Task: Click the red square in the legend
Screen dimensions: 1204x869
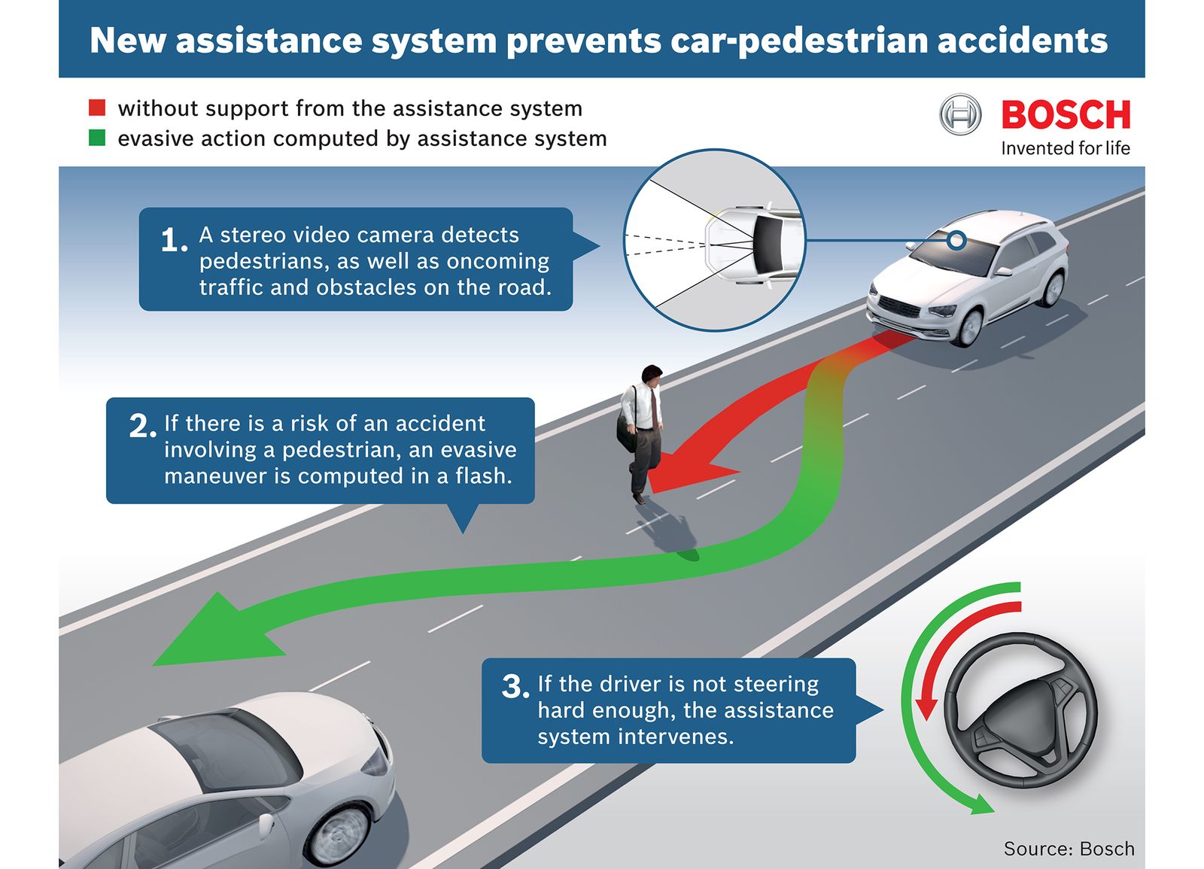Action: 97,108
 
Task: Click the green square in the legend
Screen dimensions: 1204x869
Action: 97,138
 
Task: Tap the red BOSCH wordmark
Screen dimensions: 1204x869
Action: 1066,114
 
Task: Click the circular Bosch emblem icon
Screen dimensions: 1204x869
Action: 960,114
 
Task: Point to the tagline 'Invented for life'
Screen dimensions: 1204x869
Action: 1066,147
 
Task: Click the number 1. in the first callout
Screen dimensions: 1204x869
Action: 174,240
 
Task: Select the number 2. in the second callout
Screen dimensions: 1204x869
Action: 142,426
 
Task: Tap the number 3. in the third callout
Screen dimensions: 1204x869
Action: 515,686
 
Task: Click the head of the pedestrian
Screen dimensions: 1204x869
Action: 652,375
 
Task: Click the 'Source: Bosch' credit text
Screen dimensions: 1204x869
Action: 1069,849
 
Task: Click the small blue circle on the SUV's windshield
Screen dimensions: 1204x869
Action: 956,240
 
